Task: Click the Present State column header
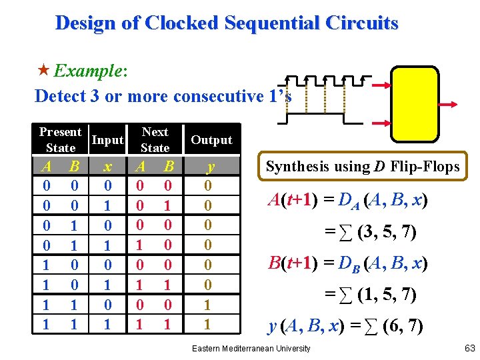pyautogui.click(x=60, y=140)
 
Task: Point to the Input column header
pyautogui.click(x=107, y=140)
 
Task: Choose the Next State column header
pyautogui.click(x=155, y=140)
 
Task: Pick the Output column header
pyautogui.click(x=211, y=140)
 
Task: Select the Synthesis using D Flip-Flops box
pyautogui.click(x=363, y=167)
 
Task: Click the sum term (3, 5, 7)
pyautogui.click(x=387, y=233)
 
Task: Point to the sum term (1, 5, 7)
pyautogui.click(x=387, y=294)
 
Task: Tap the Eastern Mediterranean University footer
pyautogui.click(x=251, y=349)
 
